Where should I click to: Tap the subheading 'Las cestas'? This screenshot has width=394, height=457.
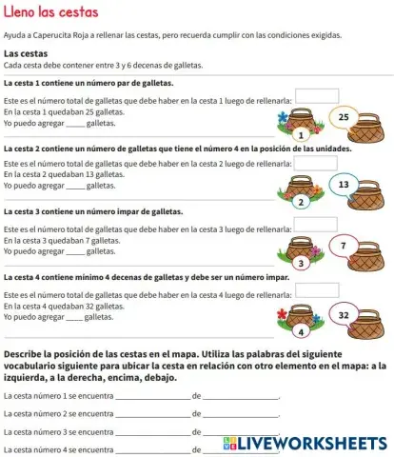click(27, 53)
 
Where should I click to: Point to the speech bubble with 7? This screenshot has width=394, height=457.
click(344, 246)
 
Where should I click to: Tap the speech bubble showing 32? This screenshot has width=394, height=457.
click(345, 314)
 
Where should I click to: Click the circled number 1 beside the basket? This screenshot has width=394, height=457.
click(301, 135)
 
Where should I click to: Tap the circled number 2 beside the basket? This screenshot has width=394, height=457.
click(301, 201)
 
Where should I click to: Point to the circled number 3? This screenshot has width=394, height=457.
click(301, 263)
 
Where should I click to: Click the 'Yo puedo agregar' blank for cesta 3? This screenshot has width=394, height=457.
click(75, 251)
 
